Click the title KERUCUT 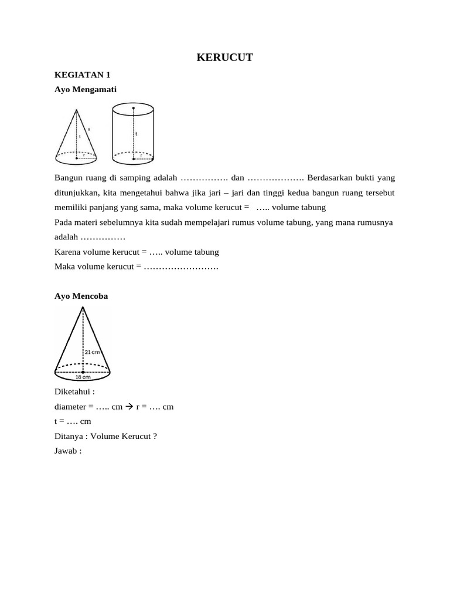224,57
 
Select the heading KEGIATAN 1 82,75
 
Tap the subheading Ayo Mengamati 86,89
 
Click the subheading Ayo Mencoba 81,296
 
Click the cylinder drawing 134,133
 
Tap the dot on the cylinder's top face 134,109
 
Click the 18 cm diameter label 82,377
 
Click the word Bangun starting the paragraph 68,177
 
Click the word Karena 67,252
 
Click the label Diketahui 74,391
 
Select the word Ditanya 69,436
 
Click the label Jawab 67,451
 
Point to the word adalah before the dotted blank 66,237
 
